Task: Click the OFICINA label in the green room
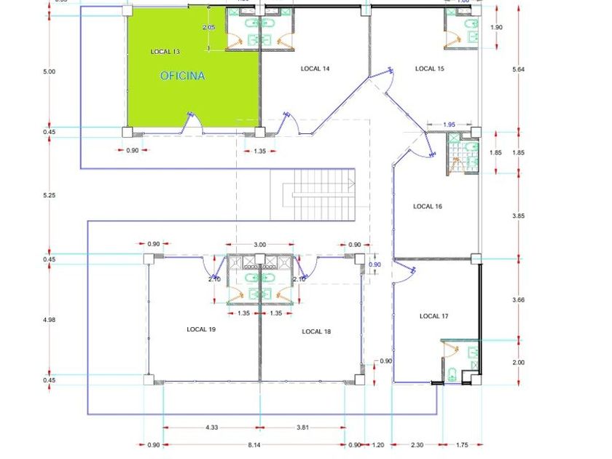click(x=182, y=76)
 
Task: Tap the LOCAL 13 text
click(x=165, y=52)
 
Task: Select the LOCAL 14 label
click(x=315, y=68)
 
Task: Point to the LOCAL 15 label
click(x=430, y=68)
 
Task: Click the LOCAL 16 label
click(x=428, y=206)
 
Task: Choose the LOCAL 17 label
click(x=434, y=316)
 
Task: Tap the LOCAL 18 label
click(x=316, y=331)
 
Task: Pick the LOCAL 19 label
click(x=201, y=329)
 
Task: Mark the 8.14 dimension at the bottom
click(x=254, y=444)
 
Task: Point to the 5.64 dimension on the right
click(x=518, y=69)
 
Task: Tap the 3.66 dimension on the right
click(x=518, y=299)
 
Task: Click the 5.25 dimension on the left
click(x=49, y=195)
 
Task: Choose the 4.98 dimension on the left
click(x=49, y=318)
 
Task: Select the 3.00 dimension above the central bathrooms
click(x=259, y=245)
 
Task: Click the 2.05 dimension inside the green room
click(x=208, y=27)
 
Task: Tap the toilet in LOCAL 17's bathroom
click(x=452, y=375)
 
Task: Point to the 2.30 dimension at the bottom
click(x=415, y=444)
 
